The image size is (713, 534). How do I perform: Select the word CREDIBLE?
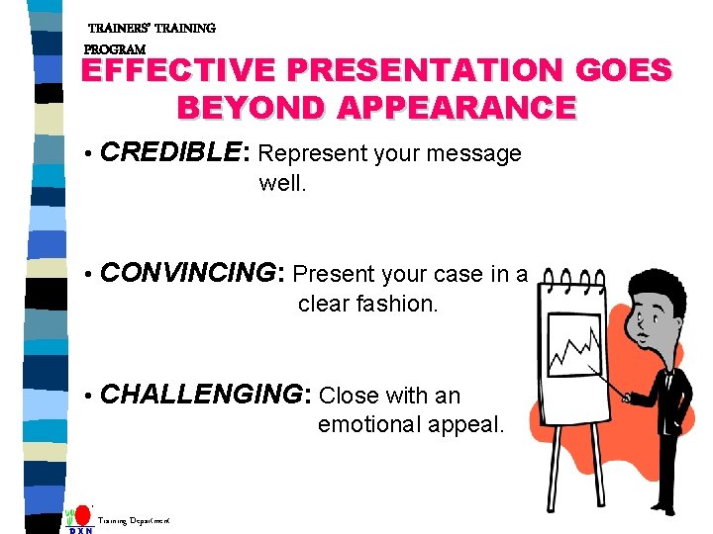coord(170,153)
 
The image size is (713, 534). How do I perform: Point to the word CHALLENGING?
coord(205,396)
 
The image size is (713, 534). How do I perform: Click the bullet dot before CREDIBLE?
coord(89,155)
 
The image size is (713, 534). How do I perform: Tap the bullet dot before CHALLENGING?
coord(89,398)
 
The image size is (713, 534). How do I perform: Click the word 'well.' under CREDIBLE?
coord(282,183)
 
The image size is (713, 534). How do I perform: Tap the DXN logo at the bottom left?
coord(80,520)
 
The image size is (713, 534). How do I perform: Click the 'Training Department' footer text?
coord(133,519)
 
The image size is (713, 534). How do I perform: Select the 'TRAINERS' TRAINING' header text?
coord(152,29)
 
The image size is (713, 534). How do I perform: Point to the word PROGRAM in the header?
coord(115,48)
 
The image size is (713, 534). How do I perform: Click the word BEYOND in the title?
coord(249,107)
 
